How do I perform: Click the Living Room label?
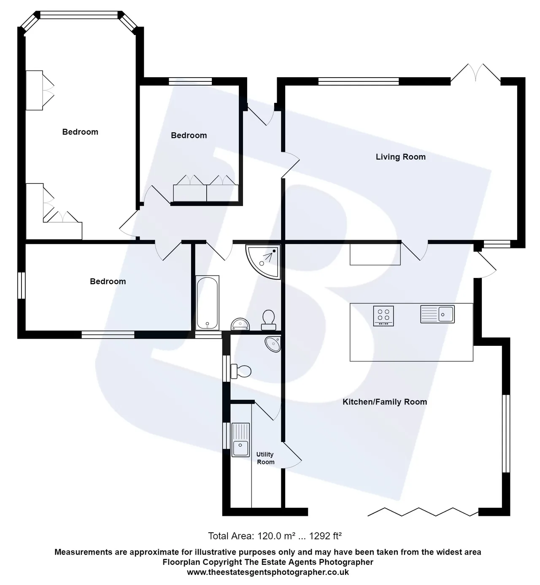click(401, 157)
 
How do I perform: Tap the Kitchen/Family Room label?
click(385, 402)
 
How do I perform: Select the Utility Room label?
click(265, 458)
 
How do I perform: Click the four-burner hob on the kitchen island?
click(383, 316)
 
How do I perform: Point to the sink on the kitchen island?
click(437, 314)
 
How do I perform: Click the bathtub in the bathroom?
click(208, 302)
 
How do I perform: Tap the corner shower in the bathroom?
click(263, 262)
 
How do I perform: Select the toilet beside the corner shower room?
click(269, 320)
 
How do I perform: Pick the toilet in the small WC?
click(241, 371)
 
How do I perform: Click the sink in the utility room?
click(240, 440)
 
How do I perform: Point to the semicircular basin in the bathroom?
click(240, 324)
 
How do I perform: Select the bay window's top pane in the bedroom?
click(79, 15)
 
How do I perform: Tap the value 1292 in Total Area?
click(320, 536)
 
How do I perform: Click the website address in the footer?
click(268, 572)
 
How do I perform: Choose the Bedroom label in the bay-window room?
click(80, 132)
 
